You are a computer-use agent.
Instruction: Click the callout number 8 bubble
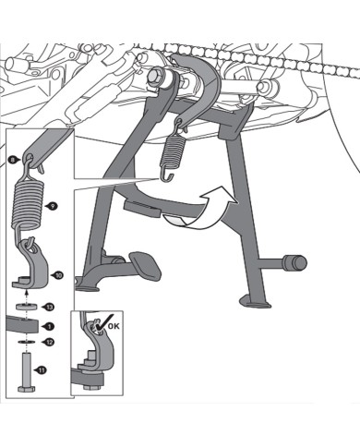[x=11, y=159]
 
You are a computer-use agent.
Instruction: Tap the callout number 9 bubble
[x=52, y=206]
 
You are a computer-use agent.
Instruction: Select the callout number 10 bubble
[x=59, y=274]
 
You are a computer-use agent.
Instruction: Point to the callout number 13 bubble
[x=50, y=306]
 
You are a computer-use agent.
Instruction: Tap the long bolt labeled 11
[x=26, y=370]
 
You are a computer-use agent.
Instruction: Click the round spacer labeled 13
[x=27, y=305]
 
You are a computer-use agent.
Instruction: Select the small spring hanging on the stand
[x=173, y=149]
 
